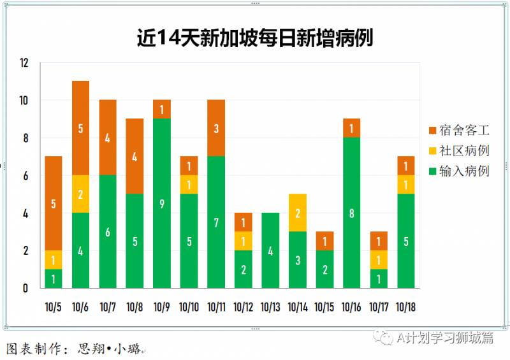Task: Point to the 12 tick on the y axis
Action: click(24, 63)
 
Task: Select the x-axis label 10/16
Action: click(351, 306)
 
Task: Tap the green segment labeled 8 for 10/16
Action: click(351, 213)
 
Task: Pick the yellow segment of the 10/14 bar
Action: click(297, 213)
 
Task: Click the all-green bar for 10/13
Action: click(270, 250)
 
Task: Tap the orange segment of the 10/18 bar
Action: click(405, 166)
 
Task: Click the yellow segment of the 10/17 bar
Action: click(379, 260)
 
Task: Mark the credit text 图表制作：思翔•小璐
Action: click(73, 349)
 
